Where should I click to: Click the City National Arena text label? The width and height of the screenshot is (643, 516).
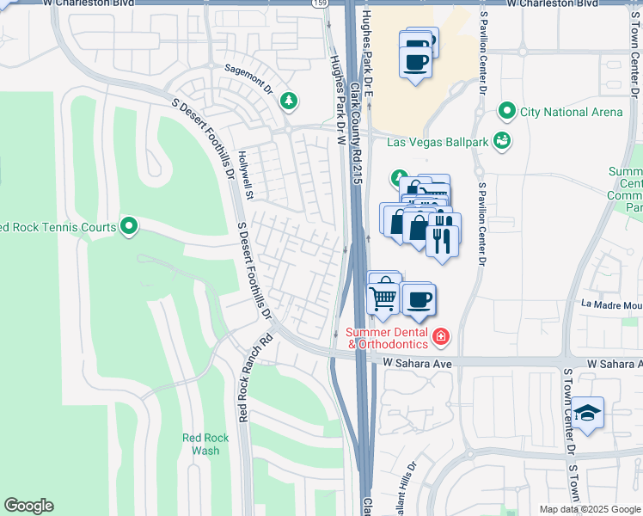[571, 112]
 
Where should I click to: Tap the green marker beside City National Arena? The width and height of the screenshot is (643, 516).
[506, 112]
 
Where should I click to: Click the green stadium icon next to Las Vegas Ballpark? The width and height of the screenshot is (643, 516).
[502, 139]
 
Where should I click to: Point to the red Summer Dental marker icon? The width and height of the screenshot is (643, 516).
[440, 335]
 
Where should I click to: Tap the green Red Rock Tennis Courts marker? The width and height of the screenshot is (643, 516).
[129, 227]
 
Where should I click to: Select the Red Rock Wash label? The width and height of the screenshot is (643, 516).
[205, 444]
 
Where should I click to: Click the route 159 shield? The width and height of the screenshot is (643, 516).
[318, 4]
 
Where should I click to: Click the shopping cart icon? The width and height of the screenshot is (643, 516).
[383, 298]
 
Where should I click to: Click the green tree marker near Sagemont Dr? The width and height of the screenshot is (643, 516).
[289, 101]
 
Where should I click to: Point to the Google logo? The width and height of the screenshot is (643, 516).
[28, 506]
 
